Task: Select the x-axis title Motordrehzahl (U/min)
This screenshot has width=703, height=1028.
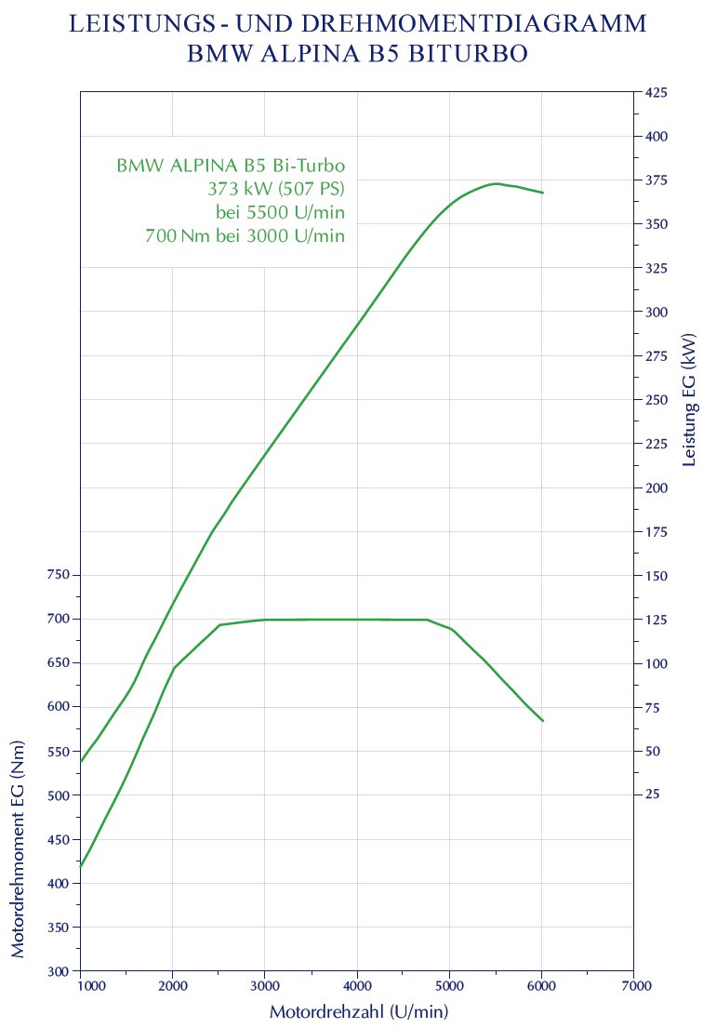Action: (x=359, y=1011)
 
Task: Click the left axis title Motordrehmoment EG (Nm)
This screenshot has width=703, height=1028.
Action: (x=19, y=851)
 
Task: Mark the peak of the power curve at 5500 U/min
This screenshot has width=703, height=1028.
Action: (x=497, y=183)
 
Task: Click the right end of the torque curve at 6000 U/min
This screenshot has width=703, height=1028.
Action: (x=542, y=721)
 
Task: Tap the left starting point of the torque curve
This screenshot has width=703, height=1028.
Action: (x=81, y=867)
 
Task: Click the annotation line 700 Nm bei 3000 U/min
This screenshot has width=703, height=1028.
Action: (x=245, y=236)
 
